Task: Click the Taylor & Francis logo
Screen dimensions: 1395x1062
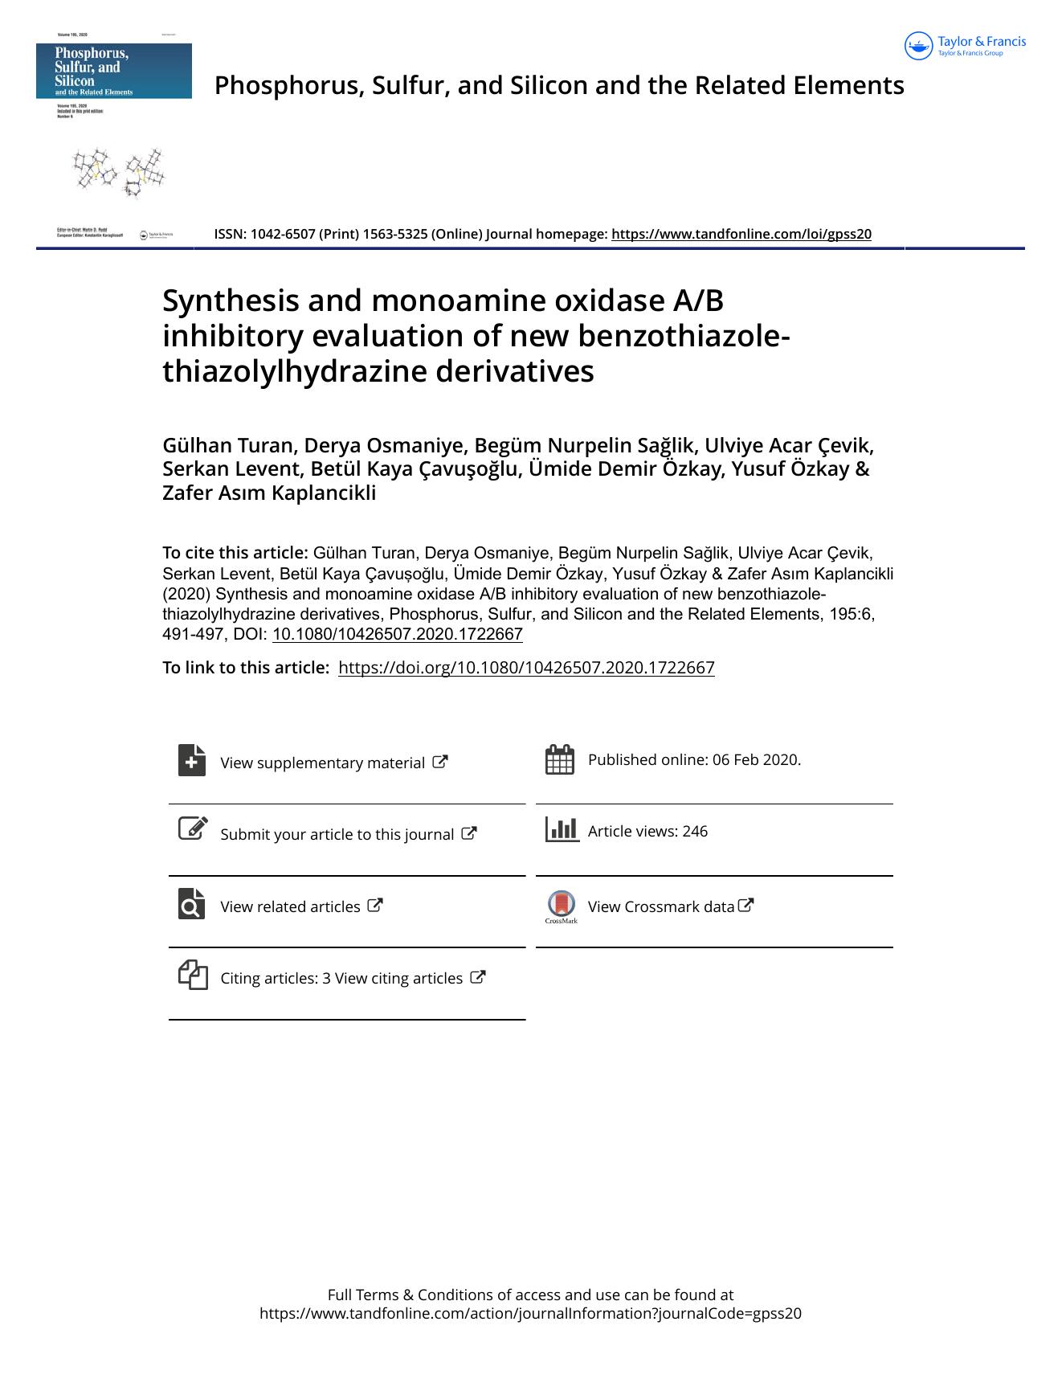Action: point(965,46)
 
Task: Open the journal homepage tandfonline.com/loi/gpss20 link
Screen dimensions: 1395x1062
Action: point(741,234)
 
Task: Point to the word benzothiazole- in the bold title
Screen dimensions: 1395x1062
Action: point(684,336)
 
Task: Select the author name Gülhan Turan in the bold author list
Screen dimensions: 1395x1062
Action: point(230,445)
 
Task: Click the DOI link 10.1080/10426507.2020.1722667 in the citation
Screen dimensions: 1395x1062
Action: point(397,634)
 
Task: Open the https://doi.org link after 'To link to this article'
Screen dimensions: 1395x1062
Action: point(526,668)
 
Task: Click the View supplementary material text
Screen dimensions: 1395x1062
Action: point(322,763)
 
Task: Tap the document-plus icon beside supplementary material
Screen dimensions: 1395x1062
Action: point(192,760)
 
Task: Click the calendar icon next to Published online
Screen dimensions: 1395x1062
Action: point(559,759)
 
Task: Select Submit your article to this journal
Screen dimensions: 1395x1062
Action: point(337,834)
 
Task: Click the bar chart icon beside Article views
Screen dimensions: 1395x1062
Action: point(562,829)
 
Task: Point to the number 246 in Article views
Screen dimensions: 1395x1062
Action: point(695,832)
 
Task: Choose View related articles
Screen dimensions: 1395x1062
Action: point(290,906)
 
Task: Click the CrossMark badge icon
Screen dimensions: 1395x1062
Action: point(561,905)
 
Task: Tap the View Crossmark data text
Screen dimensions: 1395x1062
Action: point(660,906)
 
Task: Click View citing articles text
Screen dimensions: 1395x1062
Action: point(398,978)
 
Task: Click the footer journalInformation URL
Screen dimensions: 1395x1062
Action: point(530,1313)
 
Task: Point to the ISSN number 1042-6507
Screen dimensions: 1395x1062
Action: point(283,234)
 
